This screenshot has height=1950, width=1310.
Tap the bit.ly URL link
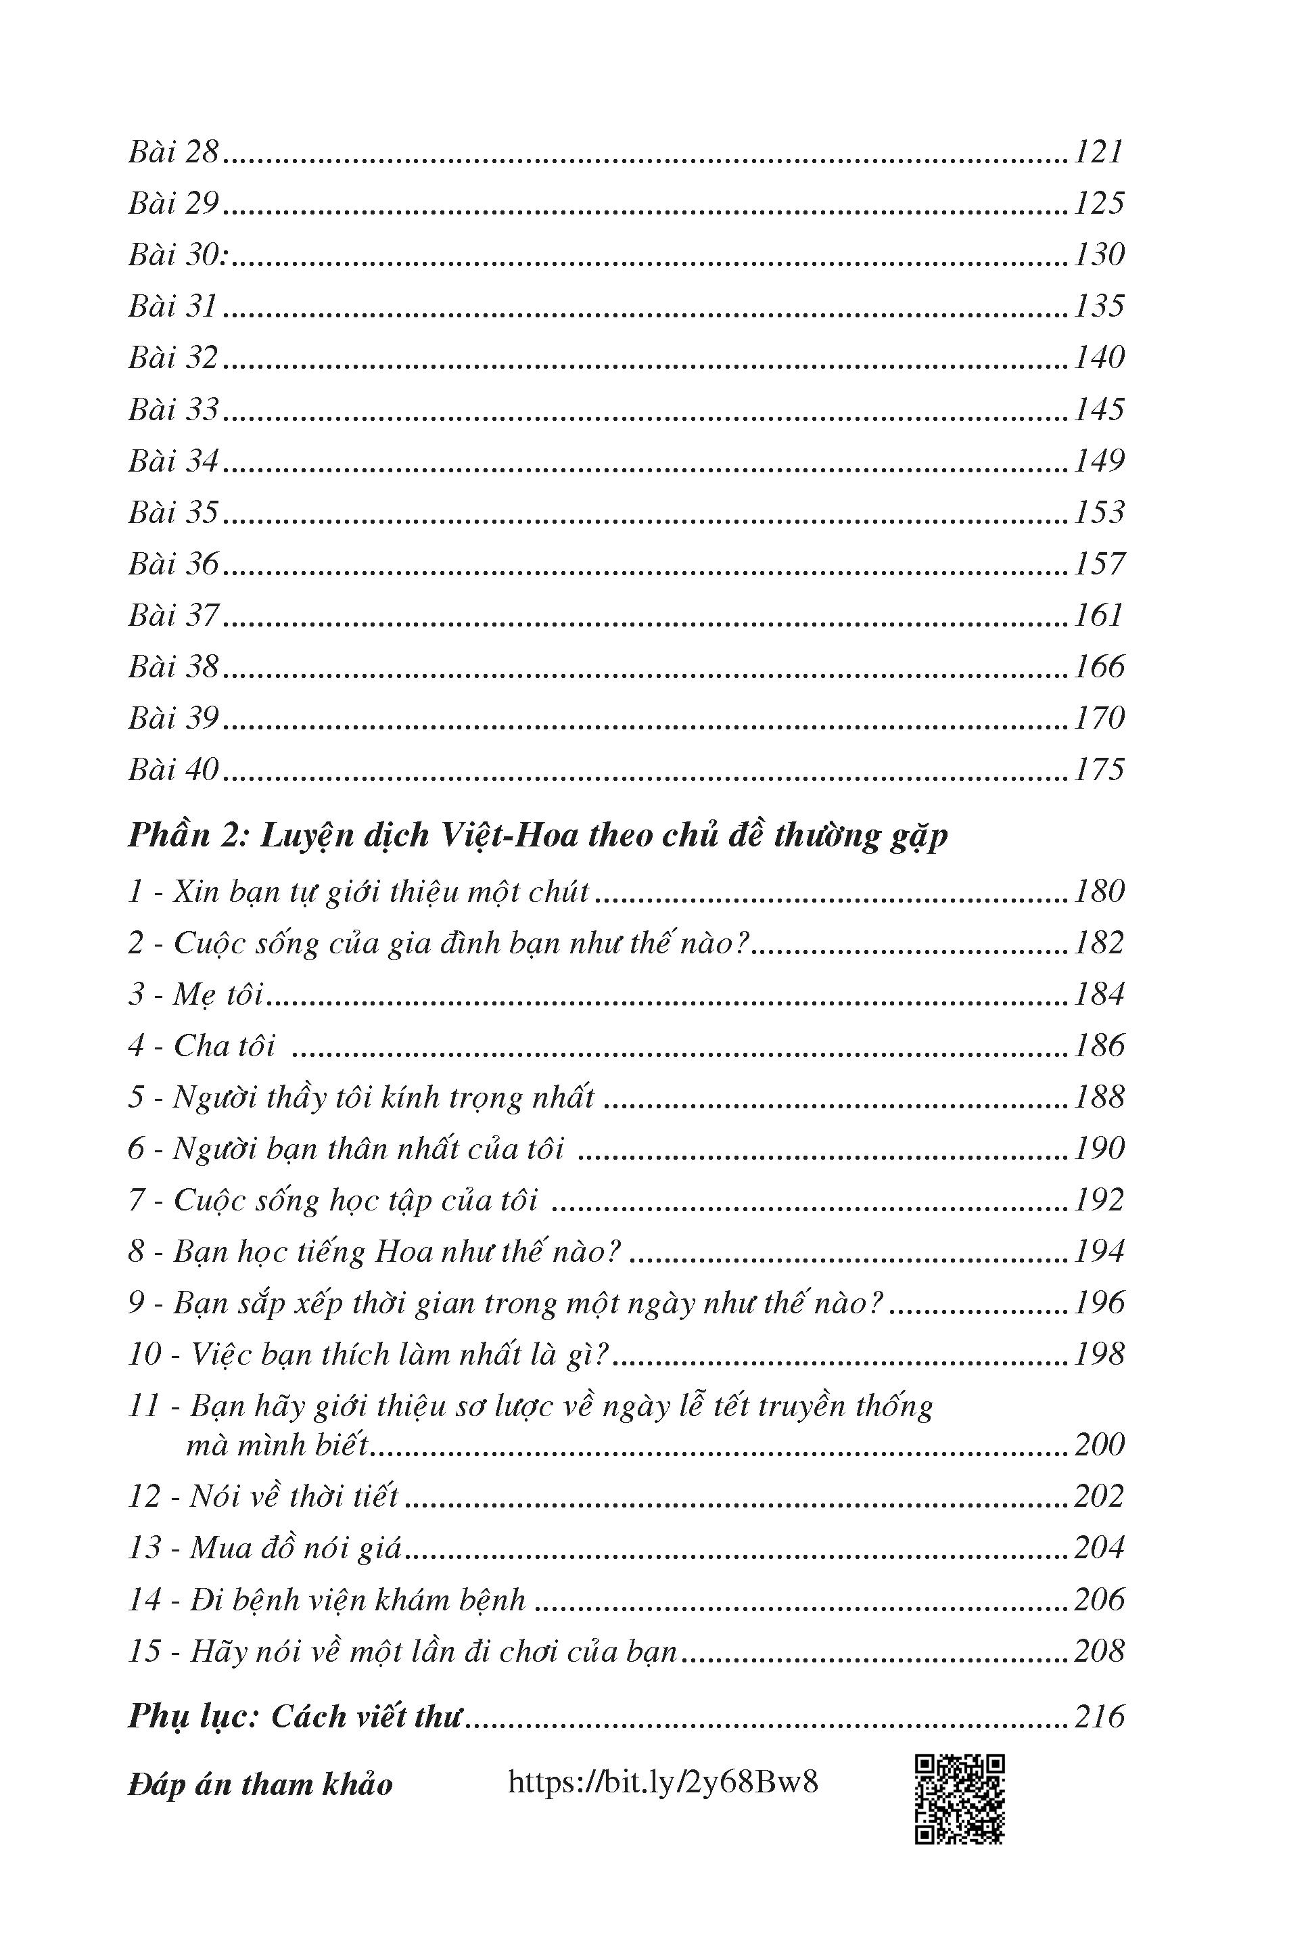coord(663,1783)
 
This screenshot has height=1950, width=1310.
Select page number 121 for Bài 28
coord(1098,152)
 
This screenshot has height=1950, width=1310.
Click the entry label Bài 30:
coord(179,255)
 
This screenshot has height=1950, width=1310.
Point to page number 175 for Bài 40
coord(1098,769)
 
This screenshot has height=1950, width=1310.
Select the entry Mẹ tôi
coord(195,995)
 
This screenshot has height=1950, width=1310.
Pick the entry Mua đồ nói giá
coord(265,1549)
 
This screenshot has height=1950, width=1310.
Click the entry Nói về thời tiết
coord(263,1497)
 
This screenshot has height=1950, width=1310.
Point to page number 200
coord(1098,1445)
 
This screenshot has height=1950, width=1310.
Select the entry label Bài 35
coord(173,512)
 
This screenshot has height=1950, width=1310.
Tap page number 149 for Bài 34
coord(1098,461)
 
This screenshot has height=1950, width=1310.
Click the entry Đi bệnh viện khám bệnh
coord(327,1600)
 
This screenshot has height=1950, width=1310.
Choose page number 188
coord(1098,1097)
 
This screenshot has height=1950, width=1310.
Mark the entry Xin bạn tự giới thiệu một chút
coord(358,892)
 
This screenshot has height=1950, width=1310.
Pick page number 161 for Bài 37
coord(1098,615)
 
